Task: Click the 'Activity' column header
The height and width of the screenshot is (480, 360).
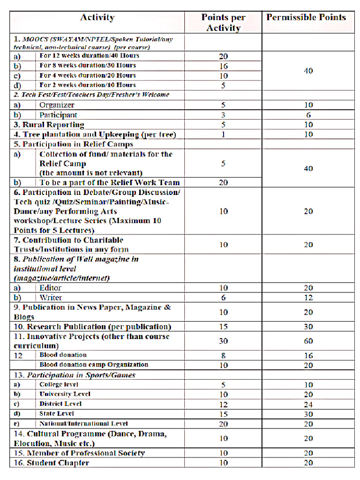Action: tap(97, 18)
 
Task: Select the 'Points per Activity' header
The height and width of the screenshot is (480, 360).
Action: tap(223, 22)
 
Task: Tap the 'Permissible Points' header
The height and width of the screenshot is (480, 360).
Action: tap(306, 17)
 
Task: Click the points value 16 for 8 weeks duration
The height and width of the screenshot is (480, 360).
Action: tap(223, 66)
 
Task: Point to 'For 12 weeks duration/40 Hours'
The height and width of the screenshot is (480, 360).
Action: tap(89, 55)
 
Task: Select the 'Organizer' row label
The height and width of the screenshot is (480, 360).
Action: tap(57, 105)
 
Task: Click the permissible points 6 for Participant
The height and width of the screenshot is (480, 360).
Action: tap(308, 115)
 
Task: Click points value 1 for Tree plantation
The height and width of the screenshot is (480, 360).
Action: tap(223, 135)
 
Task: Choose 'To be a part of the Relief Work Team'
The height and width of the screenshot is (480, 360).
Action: tap(110, 182)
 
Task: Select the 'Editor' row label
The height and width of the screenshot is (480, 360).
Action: tap(50, 288)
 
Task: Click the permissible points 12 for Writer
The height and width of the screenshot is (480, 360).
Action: tap(308, 298)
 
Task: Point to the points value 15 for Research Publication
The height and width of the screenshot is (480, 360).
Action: tap(223, 327)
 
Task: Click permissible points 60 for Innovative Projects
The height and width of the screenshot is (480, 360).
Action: tap(308, 341)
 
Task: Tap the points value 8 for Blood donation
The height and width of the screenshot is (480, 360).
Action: tap(223, 356)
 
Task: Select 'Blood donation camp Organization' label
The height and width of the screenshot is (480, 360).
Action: tap(94, 365)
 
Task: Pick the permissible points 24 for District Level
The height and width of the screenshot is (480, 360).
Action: tap(308, 405)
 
